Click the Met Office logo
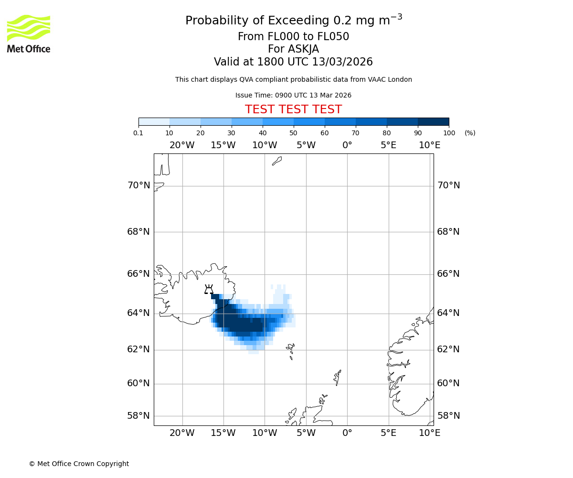(x=29, y=33)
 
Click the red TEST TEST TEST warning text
(x=293, y=109)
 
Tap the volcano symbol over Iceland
(x=209, y=289)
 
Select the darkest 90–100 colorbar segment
(x=433, y=121)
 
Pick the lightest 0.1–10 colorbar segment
(x=154, y=121)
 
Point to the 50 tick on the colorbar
(x=293, y=133)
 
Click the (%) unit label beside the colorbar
(x=470, y=133)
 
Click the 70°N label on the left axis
(x=138, y=185)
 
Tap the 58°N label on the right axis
(x=448, y=416)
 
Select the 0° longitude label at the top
(x=347, y=145)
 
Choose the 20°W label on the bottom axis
(x=182, y=433)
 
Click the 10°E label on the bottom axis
(x=430, y=433)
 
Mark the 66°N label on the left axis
(x=138, y=274)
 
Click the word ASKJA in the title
(x=304, y=49)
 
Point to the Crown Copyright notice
(x=79, y=464)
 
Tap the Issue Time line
(x=293, y=95)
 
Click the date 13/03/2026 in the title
(x=342, y=62)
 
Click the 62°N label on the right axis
(x=448, y=349)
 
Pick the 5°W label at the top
(x=306, y=145)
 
